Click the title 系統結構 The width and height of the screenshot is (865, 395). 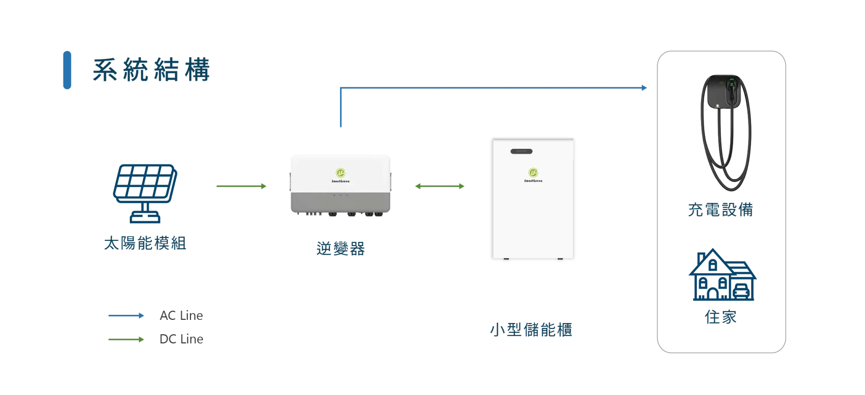pos(151,70)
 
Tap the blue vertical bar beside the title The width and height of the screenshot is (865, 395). pos(67,70)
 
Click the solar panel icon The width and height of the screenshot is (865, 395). pos(145,193)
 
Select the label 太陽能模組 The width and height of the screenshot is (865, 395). pos(145,243)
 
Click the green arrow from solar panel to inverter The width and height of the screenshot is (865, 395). pos(241,186)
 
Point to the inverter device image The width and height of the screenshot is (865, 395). pos(341,186)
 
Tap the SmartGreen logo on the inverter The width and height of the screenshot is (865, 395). pos(341,175)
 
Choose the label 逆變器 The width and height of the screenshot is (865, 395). pos(341,248)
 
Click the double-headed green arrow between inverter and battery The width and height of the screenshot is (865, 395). pos(440,186)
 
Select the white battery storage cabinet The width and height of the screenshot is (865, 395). pos(533,199)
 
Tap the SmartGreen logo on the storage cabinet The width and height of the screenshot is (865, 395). pos(533,175)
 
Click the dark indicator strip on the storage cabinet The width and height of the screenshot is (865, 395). pos(521,152)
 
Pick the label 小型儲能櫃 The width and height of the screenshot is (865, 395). pos(531,330)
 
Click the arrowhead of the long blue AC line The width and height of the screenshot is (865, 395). pos(644,88)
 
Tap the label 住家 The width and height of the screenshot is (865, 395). pos(721,317)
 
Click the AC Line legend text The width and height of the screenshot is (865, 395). pos(182,315)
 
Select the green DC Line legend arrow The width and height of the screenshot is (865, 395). pos(126,339)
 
